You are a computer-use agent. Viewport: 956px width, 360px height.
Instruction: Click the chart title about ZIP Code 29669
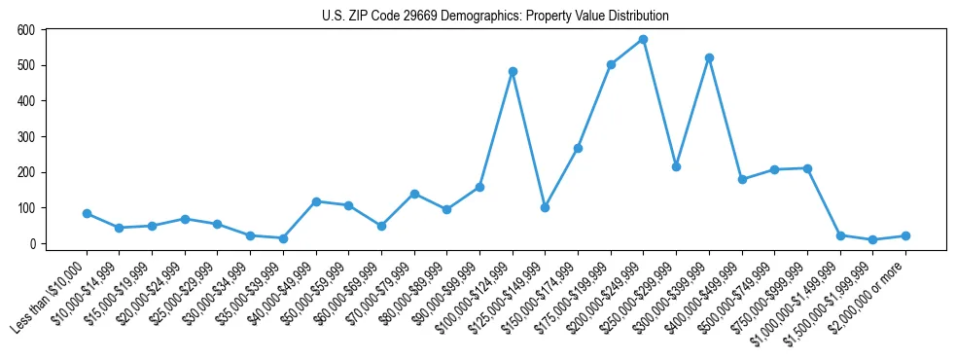tap(495, 16)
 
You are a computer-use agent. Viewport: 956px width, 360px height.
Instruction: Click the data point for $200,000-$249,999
tap(644, 40)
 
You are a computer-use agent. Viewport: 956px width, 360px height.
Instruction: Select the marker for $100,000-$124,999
tap(513, 71)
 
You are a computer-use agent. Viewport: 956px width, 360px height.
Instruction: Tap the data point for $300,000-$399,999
tap(709, 57)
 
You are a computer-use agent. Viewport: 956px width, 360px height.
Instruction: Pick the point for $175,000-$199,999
tap(611, 64)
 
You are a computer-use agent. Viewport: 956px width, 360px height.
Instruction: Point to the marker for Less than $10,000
tap(87, 213)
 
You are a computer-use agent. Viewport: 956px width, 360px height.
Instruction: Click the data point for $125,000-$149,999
tap(546, 207)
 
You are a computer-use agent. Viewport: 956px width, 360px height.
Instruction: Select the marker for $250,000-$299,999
tap(676, 166)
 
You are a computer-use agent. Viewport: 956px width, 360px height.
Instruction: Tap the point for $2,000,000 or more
tap(905, 235)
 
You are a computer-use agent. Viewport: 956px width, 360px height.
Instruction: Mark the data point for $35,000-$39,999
tap(283, 238)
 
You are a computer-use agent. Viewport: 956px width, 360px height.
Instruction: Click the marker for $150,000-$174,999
tap(578, 148)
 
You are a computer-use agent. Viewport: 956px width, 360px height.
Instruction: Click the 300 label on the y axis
tap(26, 137)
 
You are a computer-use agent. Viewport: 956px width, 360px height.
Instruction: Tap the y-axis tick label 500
tap(26, 66)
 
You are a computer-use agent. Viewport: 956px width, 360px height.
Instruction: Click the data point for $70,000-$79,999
tap(414, 194)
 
